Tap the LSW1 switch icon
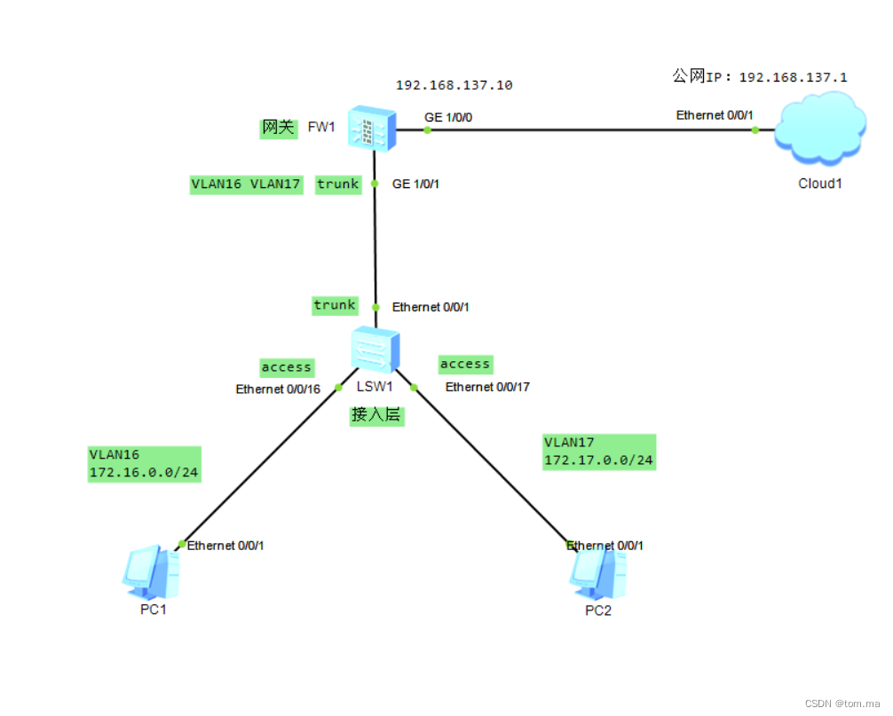coord(375,349)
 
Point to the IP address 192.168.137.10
coord(454,86)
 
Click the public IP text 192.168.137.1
coord(793,77)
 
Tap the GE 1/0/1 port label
coord(416,185)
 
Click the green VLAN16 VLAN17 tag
coord(246,185)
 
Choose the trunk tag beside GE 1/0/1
coord(338,185)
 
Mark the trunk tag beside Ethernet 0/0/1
coord(335,305)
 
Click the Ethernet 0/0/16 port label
coord(278,389)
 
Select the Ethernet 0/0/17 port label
coord(487,387)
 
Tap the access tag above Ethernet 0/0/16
coord(286,366)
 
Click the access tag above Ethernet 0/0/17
coord(465,364)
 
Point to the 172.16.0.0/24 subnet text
coord(143,472)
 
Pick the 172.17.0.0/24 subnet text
coord(598,460)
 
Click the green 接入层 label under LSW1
coord(376,415)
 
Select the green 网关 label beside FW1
coord(277,128)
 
